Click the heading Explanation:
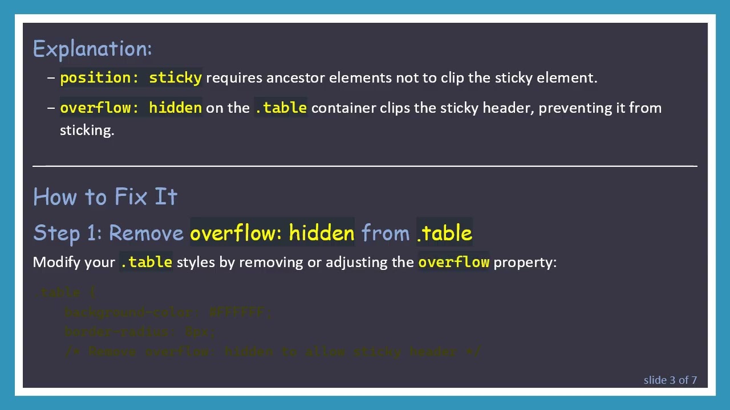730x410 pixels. [x=92, y=49]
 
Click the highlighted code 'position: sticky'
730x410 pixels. [x=131, y=77]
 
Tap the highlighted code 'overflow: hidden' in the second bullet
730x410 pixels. [x=131, y=108]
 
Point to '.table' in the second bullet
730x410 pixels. [x=281, y=108]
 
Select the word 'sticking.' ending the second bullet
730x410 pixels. [x=87, y=130]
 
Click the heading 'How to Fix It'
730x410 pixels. [x=106, y=197]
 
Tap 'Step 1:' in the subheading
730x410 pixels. [x=68, y=233]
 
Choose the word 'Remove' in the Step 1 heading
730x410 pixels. [x=146, y=233]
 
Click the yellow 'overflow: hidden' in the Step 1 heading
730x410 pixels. [x=272, y=233]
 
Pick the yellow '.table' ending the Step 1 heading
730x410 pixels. [x=444, y=233]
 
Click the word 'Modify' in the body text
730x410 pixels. [x=56, y=262]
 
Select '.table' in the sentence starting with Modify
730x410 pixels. [x=146, y=262]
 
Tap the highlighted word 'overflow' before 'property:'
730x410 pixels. [x=453, y=262]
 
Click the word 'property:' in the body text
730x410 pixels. [x=525, y=262]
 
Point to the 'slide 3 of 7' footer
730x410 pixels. [x=670, y=380]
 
